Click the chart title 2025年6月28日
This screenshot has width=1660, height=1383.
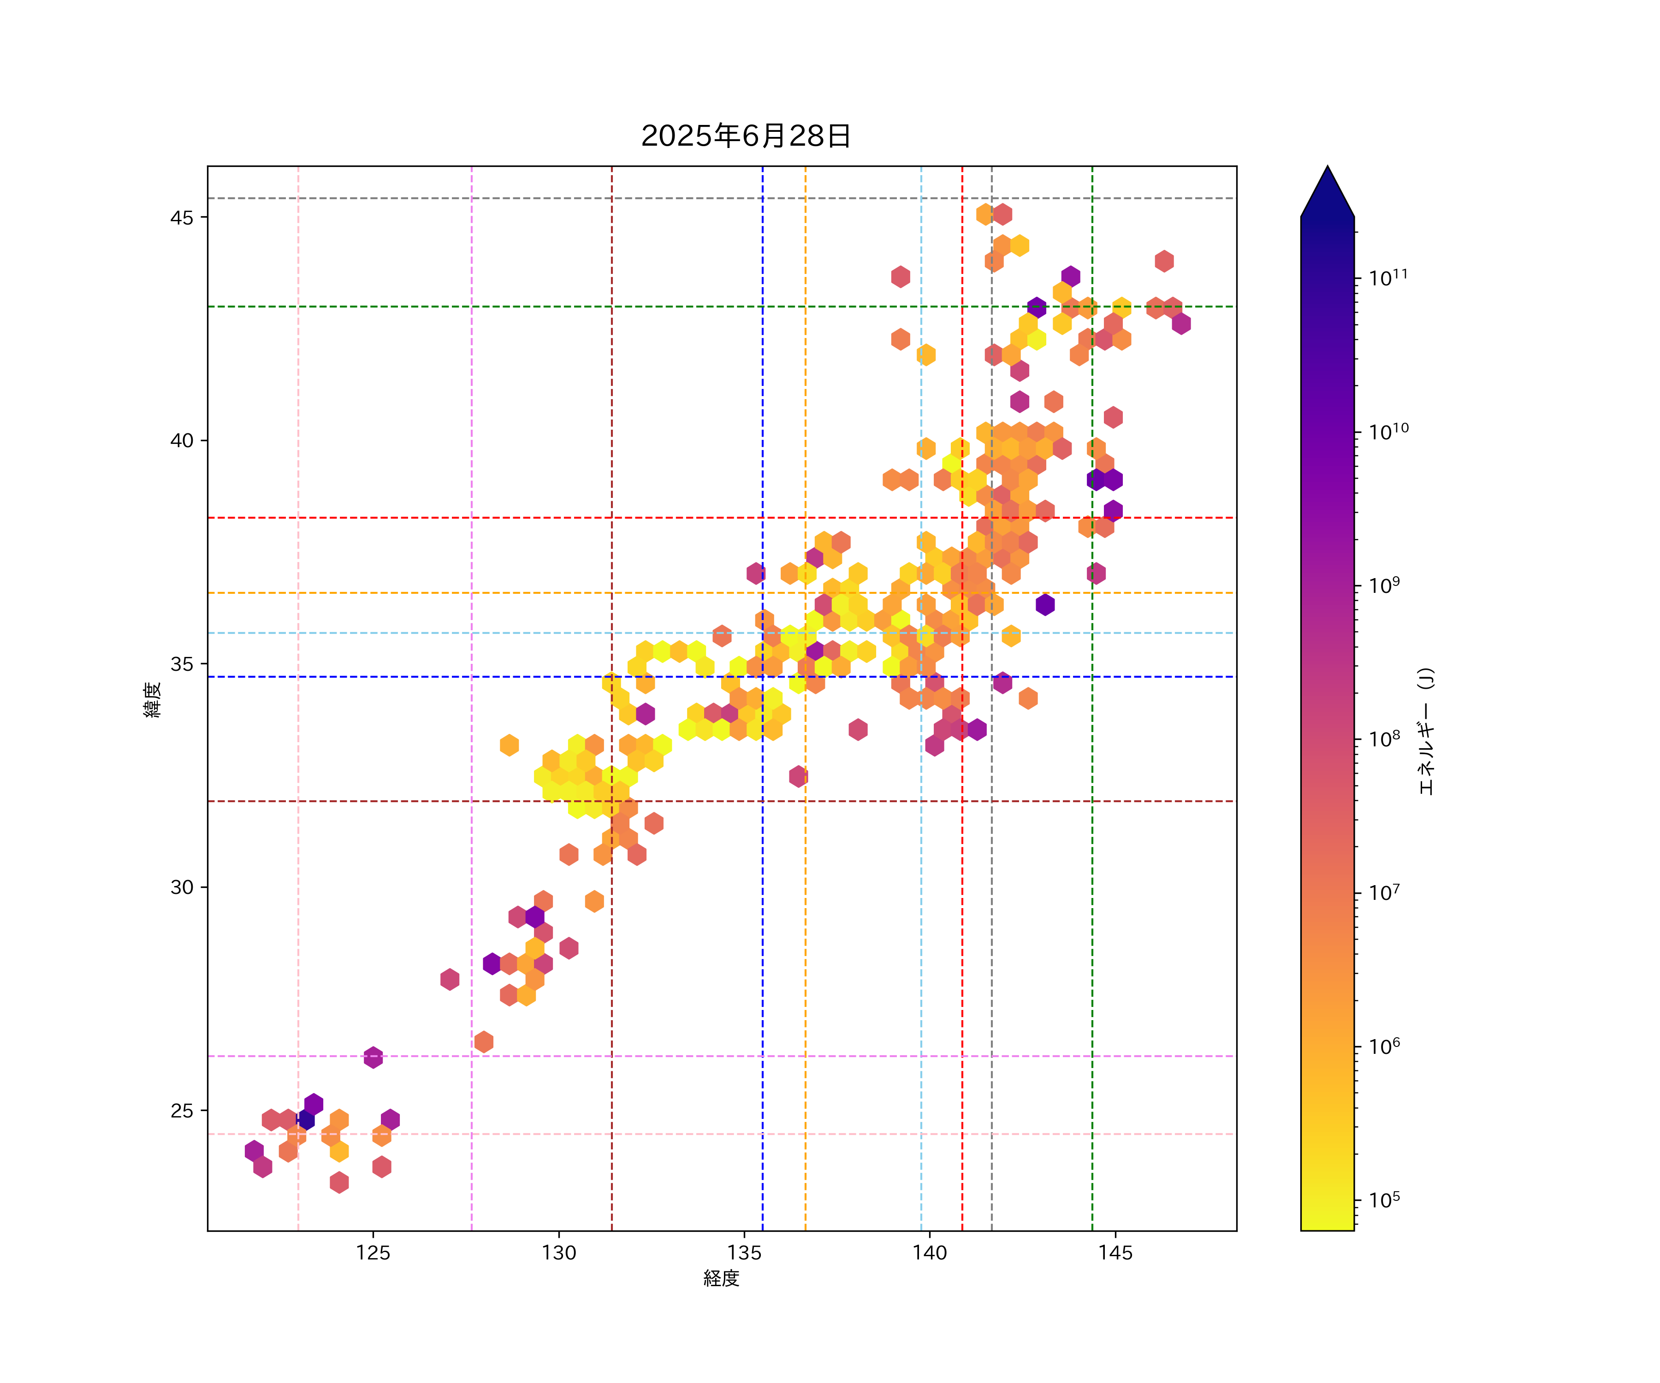click(x=746, y=136)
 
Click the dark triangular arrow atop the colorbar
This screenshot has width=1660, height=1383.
click(x=1327, y=194)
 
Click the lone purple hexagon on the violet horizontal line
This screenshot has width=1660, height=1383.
click(x=373, y=1057)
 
